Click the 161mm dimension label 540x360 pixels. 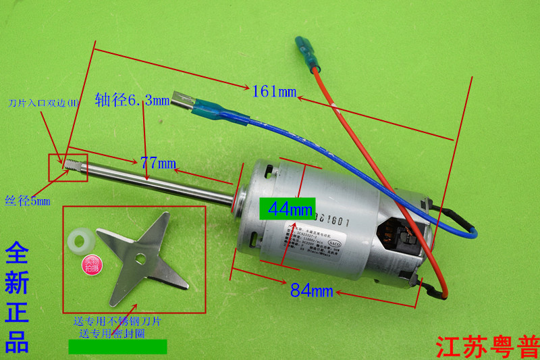click(274, 91)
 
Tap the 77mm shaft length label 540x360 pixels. click(158, 163)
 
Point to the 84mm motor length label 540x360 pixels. click(312, 290)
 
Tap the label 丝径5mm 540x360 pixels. click(27, 201)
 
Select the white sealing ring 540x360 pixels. click(80, 240)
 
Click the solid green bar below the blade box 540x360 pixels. click(117, 347)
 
